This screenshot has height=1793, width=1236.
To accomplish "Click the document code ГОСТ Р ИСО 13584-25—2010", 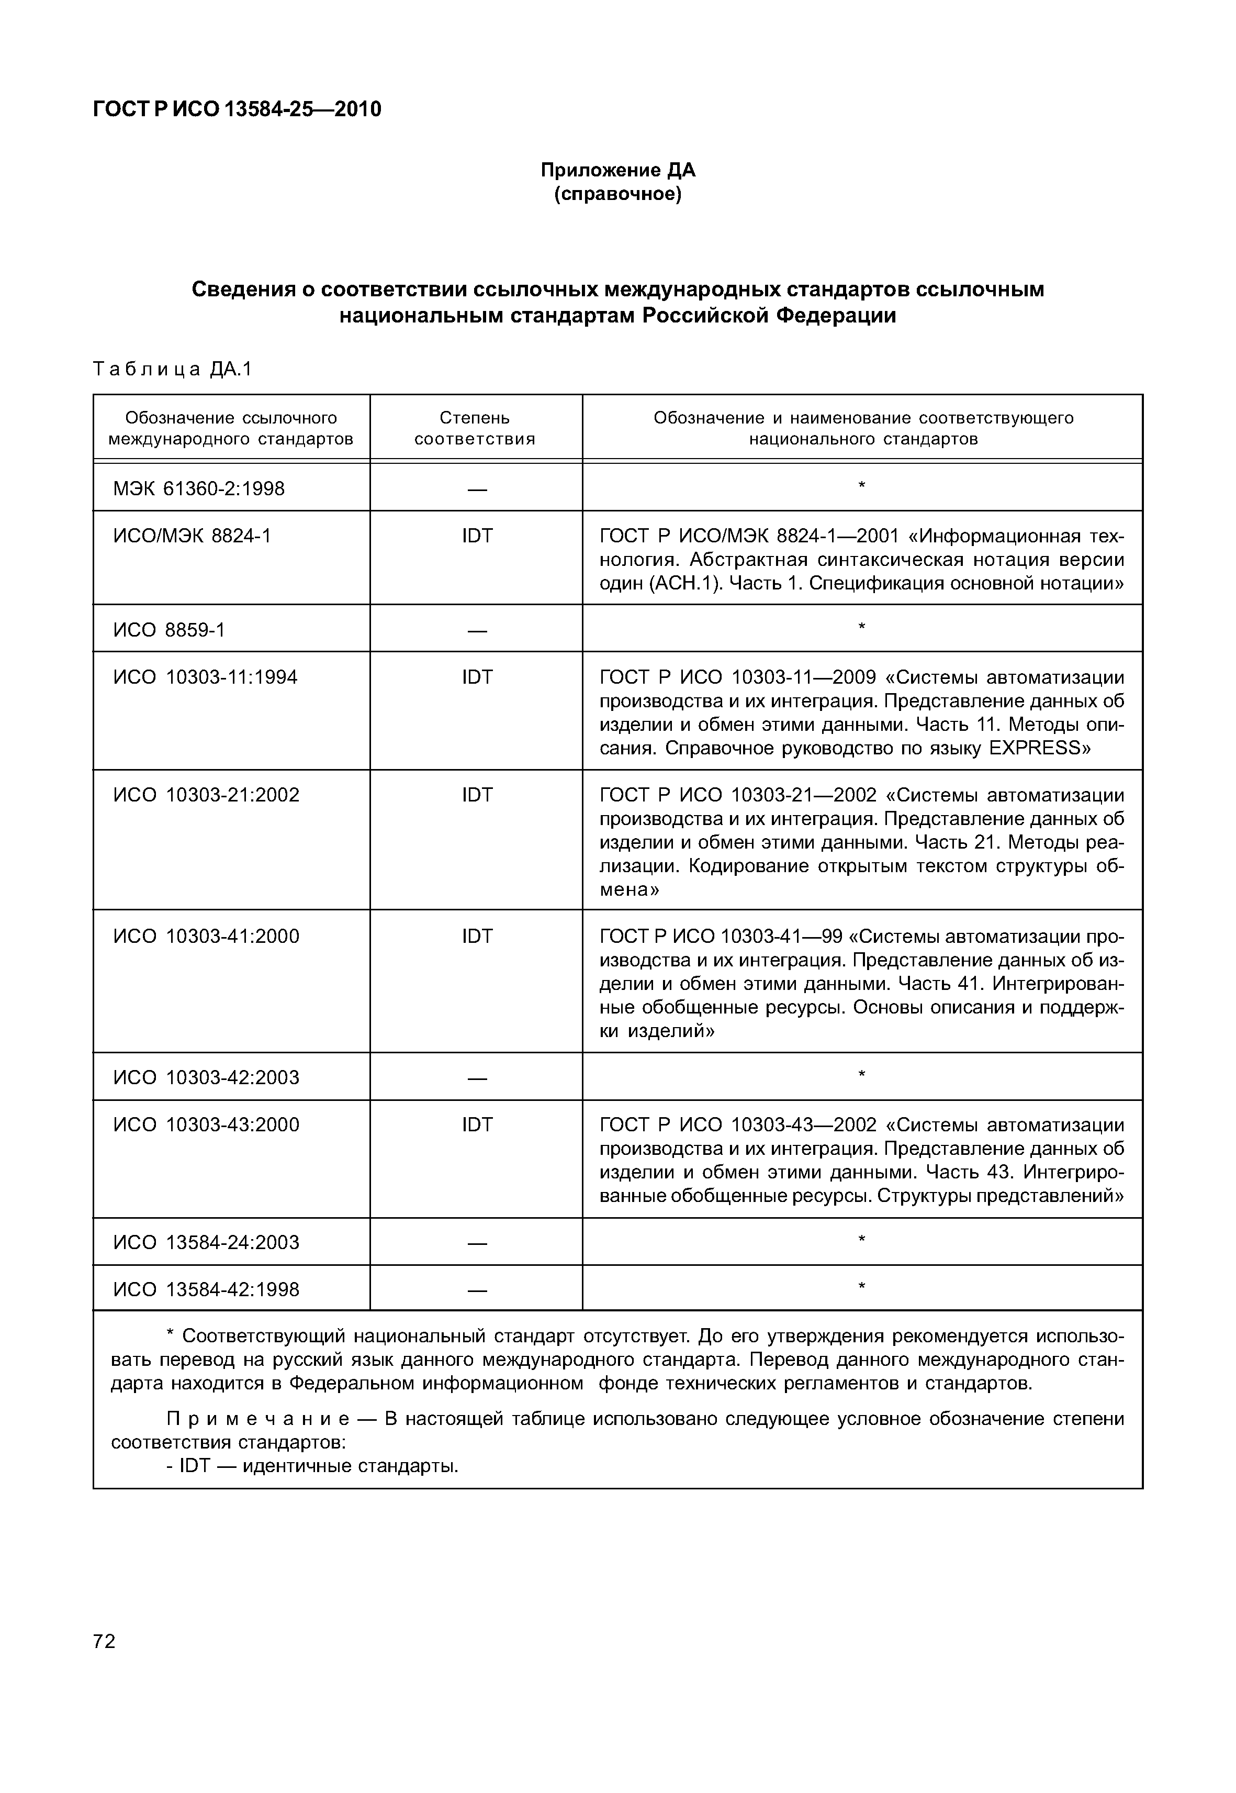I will (x=237, y=110).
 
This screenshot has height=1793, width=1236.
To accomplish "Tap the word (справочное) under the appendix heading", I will (x=617, y=194).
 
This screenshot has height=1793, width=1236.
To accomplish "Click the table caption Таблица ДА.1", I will (x=173, y=370).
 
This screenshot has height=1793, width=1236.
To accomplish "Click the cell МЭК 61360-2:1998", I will (x=199, y=489).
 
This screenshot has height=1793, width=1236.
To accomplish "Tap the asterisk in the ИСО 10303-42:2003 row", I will (x=861, y=1074).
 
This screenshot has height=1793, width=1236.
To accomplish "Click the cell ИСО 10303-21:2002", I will (x=206, y=795).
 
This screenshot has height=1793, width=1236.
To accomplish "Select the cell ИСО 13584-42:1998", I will (x=206, y=1289).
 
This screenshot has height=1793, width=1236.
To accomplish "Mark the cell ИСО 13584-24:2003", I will (x=206, y=1242).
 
